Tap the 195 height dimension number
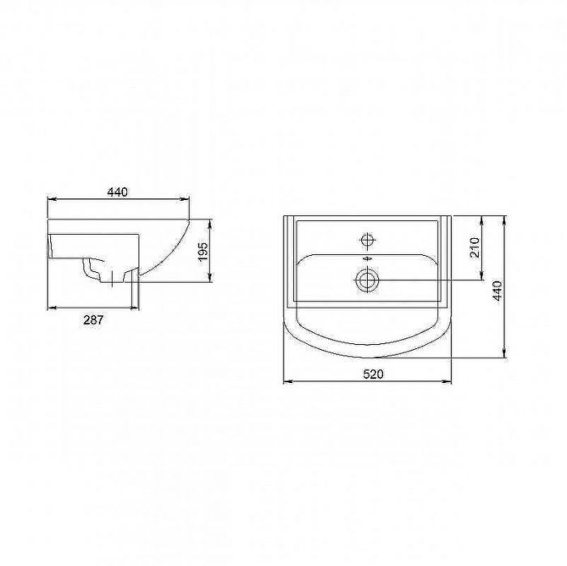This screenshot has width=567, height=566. tap(204, 251)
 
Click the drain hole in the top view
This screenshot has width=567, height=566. tap(367, 280)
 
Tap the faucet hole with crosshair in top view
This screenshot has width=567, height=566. tap(367, 240)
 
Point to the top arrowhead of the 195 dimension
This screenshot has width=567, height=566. tap(210, 220)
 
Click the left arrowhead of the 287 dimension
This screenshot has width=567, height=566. tap(51, 309)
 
